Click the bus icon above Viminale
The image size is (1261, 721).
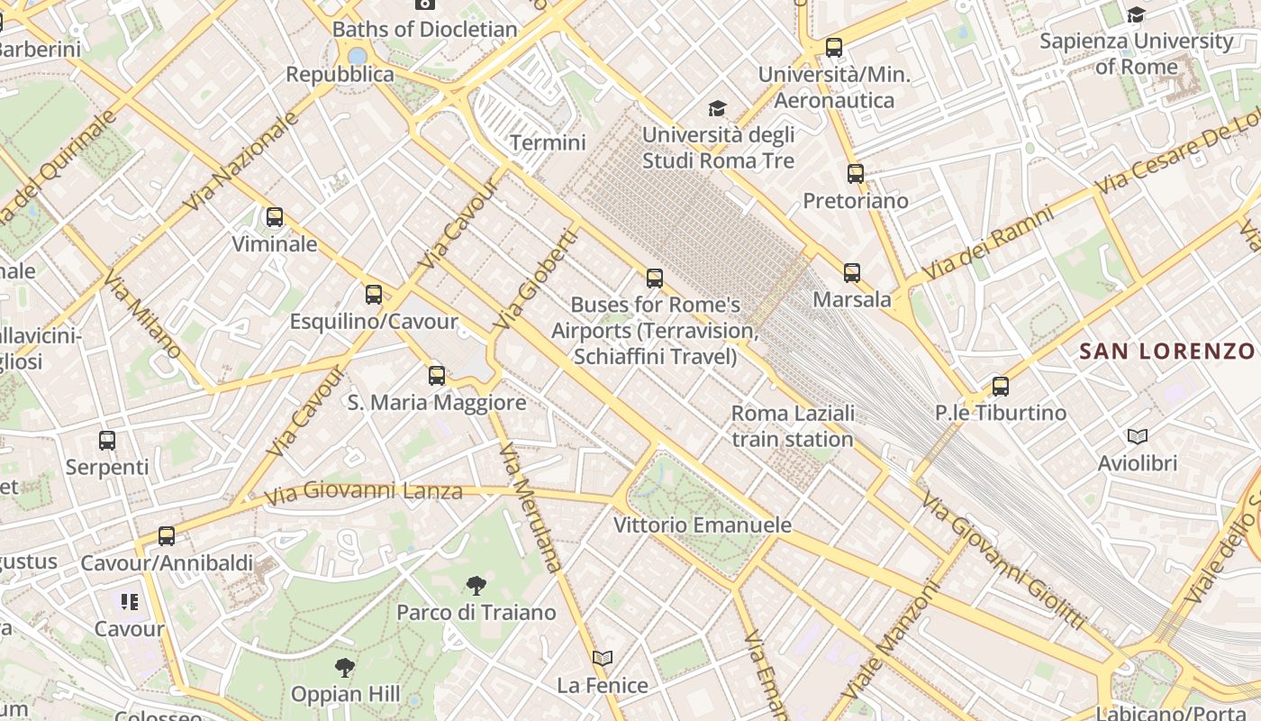(275, 217)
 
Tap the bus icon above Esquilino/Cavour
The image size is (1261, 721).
(374, 295)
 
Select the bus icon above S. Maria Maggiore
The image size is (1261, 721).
(437, 376)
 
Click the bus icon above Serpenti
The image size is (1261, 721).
(107, 441)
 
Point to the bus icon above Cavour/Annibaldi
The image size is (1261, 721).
(167, 536)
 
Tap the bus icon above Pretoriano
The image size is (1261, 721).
(856, 174)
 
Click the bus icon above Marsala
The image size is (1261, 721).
(852, 272)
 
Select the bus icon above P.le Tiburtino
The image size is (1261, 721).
(1001, 387)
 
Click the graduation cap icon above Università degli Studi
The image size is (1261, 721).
(718, 109)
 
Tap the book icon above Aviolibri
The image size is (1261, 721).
(1138, 437)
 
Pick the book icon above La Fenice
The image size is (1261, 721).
(603, 659)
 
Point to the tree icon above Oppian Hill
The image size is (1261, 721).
(345, 668)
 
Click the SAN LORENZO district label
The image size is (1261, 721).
(1167, 351)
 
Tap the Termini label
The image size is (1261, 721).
(548, 142)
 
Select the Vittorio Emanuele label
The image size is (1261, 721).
(703, 525)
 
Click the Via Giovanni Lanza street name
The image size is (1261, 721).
(364, 492)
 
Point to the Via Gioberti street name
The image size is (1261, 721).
(535, 278)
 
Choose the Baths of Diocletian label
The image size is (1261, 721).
(425, 29)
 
